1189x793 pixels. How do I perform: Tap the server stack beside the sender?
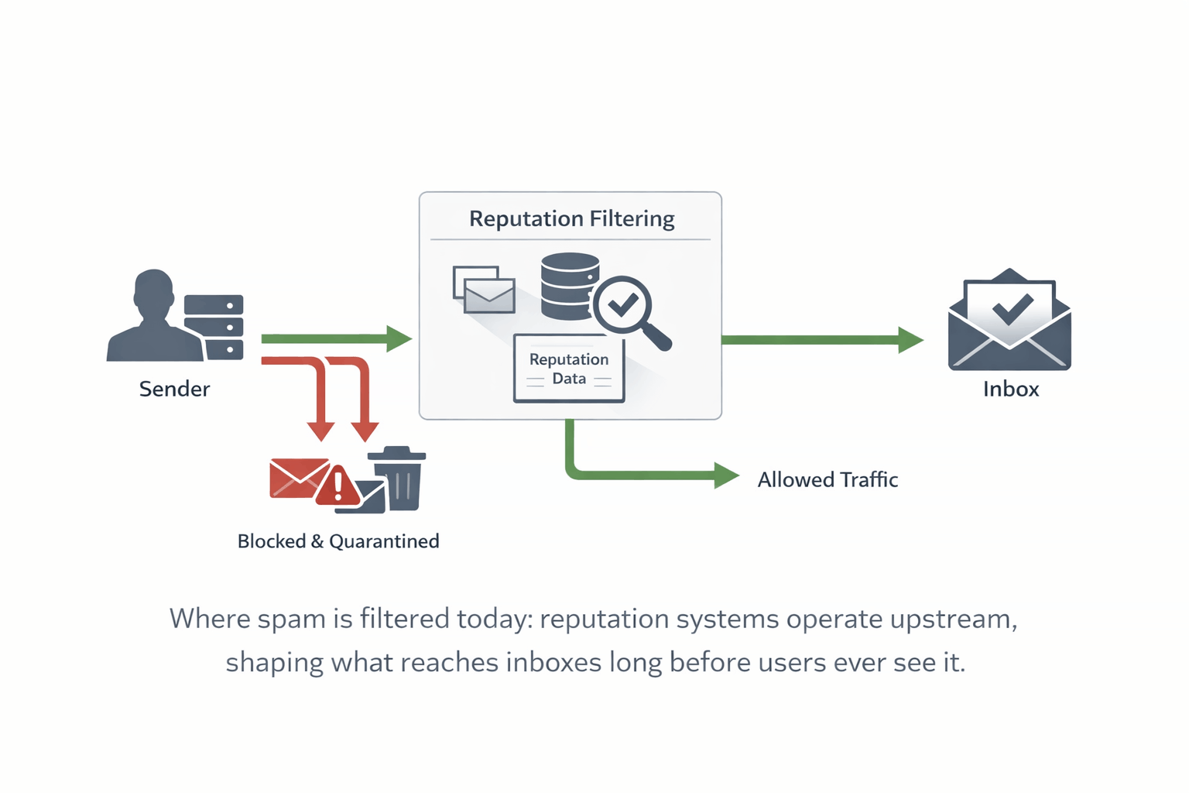(214, 327)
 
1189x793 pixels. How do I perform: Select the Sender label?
(174, 389)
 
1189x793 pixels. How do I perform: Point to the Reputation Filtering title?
(571, 219)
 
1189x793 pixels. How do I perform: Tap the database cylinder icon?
(569, 287)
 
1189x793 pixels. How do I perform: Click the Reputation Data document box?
(569, 369)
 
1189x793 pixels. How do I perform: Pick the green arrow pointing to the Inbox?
(821, 339)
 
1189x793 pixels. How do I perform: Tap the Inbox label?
(1011, 389)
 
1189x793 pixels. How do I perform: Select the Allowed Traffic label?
(828, 480)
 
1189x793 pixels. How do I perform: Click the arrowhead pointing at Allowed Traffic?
(725, 475)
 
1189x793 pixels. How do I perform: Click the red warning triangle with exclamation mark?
(338, 486)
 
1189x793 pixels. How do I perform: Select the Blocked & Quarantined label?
(338, 541)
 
